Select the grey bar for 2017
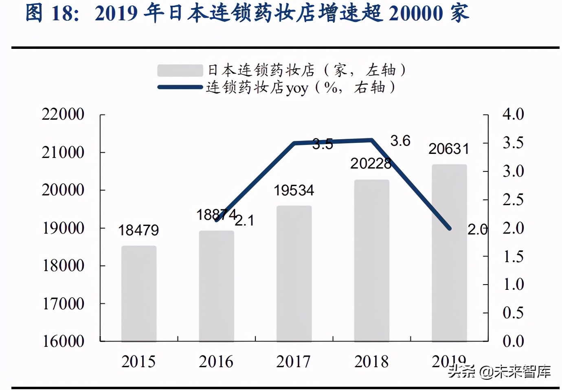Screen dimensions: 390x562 point(294,273)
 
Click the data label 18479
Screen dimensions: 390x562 point(138,230)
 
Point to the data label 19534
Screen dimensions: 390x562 point(294,190)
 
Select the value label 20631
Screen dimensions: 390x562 point(448,149)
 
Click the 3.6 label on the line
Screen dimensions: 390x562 point(400,141)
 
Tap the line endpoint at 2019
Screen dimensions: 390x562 point(450,228)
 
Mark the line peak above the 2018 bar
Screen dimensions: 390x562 point(371,140)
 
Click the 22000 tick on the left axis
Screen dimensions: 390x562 point(63,114)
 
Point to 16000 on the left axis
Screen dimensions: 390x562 point(63,341)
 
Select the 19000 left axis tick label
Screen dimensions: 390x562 point(63,228)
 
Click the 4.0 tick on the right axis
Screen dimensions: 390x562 point(513,114)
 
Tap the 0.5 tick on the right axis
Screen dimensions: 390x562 point(513,313)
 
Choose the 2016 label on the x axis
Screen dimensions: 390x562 point(216,362)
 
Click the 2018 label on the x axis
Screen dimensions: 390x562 point(371,362)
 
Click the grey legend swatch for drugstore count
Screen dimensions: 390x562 point(180,70)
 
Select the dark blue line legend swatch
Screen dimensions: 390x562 point(180,87)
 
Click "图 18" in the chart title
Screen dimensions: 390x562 point(52,13)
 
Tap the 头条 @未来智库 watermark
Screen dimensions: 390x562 point(499,371)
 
